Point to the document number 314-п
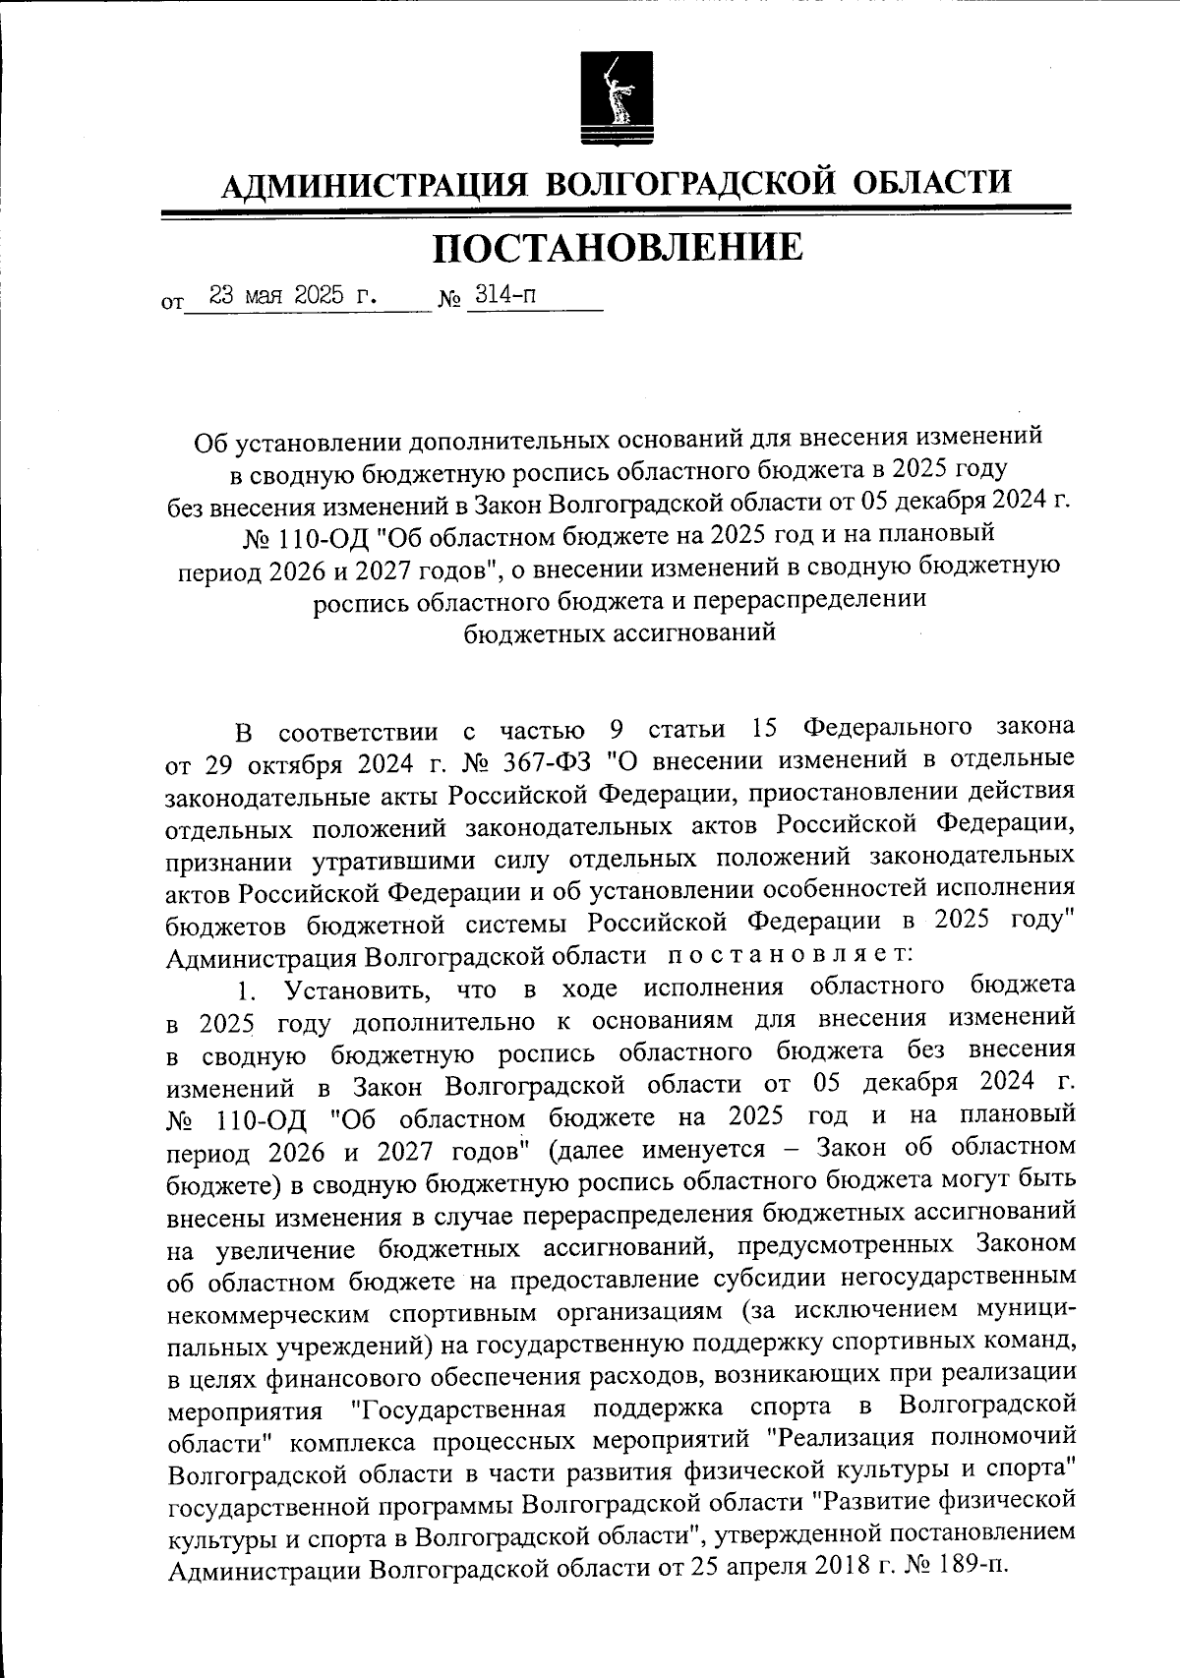(505, 295)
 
